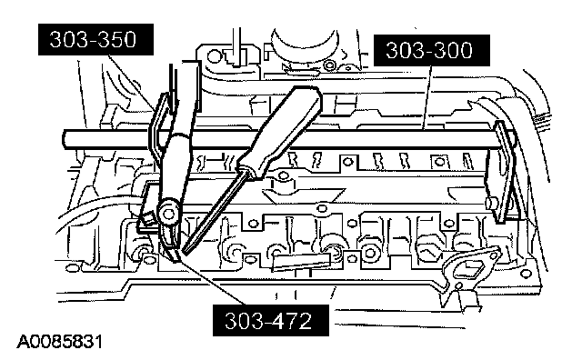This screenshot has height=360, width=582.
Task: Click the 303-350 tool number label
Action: pyautogui.click(x=95, y=40)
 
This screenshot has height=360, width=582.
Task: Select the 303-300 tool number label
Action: pyautogui.click(x=432, y=51)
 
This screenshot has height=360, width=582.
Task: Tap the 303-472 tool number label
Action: pyautogui.click(x=271, y=321)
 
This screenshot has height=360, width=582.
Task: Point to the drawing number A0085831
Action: pyautogui.click(x=59, y=342)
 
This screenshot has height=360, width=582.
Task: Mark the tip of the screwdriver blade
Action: pyautogui.click(x=185, y=253)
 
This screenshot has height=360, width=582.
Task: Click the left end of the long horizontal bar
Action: pyautogui.click(x=64, y=139)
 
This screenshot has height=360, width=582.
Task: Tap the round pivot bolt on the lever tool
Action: pyautogui.click(x=168, y=214)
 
